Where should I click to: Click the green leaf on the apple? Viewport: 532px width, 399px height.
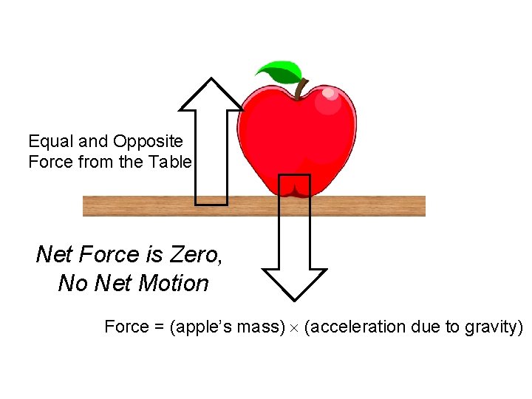[x=279, y=72]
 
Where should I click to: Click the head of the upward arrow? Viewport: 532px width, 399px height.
[x=212, y=95]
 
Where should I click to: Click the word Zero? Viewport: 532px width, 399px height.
[x=195, y=255]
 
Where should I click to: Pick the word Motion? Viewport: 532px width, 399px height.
[x=175, y=284]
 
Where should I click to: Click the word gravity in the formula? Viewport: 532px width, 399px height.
[x=492, y=327]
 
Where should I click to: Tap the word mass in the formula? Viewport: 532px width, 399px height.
[x=258, y=327]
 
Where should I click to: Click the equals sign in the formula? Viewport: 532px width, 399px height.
[x=159, y=327]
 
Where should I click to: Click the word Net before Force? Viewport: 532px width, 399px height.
[x=54, y=255]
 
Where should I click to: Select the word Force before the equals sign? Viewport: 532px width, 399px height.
[x=126, y=327]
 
